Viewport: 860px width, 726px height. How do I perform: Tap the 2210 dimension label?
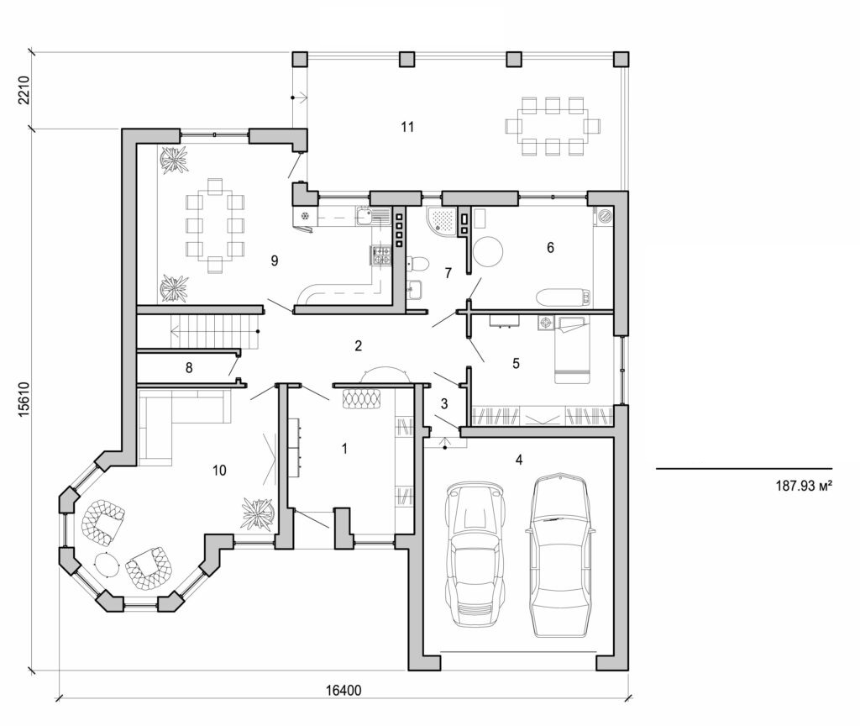[24, 91]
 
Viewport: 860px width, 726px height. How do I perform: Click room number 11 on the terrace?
[407, 127]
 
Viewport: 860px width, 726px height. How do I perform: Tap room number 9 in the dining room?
[274, 260]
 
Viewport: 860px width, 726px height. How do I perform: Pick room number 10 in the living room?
[219, 469]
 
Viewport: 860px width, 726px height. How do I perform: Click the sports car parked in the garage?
[475, 555]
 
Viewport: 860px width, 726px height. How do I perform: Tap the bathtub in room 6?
[563, 297]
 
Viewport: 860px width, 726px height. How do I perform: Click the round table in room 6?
[489, 251]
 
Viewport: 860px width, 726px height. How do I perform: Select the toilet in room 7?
[417, 265]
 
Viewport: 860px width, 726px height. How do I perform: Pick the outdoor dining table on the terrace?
[552, 126]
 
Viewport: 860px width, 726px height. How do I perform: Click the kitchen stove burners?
[380, 255]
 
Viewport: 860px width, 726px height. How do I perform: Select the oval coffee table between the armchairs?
[107, 563]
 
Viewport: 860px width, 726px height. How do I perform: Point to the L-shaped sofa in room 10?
[172, 420]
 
